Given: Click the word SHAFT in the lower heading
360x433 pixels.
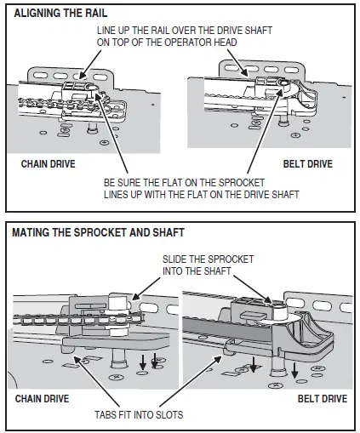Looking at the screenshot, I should click(166, 232).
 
